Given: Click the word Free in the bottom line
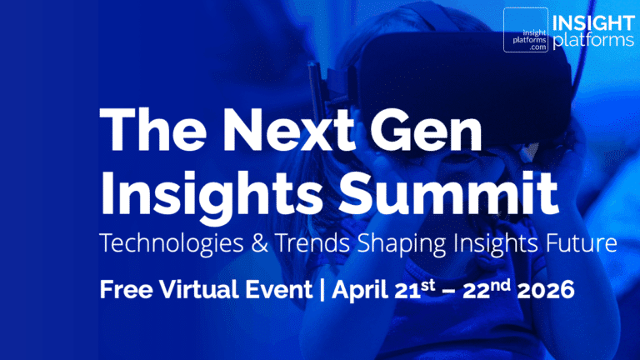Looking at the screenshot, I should (123, 291).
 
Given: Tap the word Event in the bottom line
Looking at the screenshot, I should (278, 291).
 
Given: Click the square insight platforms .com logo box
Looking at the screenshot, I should (525, 31).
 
